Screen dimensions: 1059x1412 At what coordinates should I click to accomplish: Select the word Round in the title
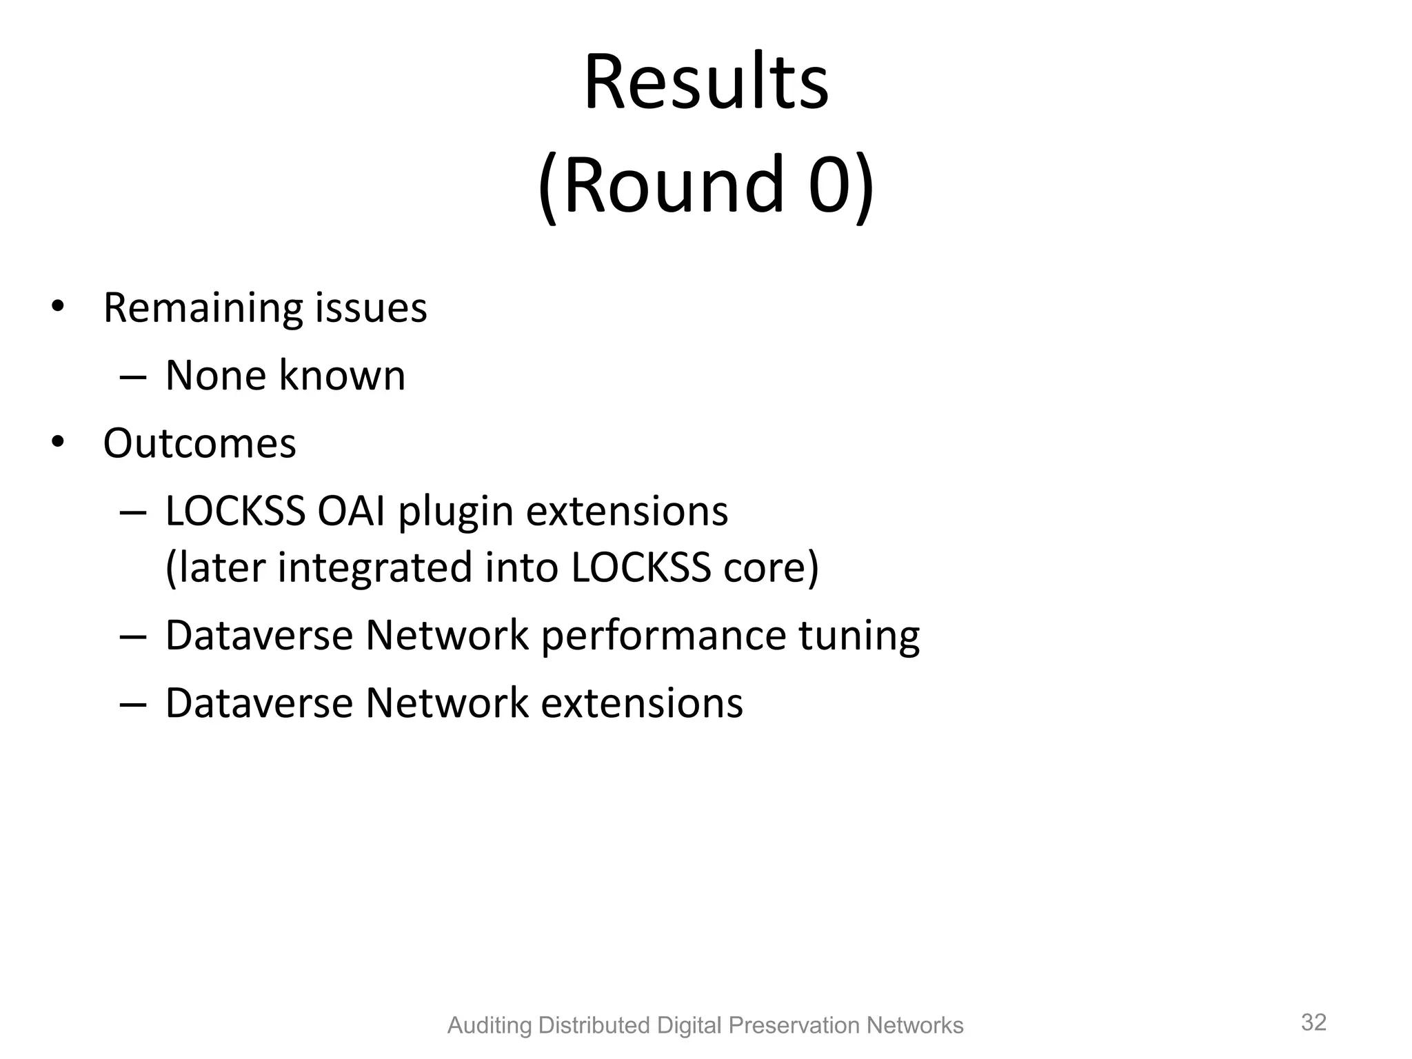(674, 185)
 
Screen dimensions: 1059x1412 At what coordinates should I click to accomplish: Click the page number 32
(1313, 1022)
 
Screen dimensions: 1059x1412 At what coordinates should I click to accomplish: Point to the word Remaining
(203, 308)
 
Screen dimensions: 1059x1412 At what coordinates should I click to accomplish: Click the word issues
(371, 308)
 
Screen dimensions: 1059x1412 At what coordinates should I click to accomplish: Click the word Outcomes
(199, 443)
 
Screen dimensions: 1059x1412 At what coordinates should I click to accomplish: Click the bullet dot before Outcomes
(57, 442)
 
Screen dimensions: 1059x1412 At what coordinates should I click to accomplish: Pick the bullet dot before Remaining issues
(57, 305)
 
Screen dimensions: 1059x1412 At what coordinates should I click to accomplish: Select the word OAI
(351, 512)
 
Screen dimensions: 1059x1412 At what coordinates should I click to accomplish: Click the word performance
(663, 636)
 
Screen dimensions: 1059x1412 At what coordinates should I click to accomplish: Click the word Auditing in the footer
(490, 1026)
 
